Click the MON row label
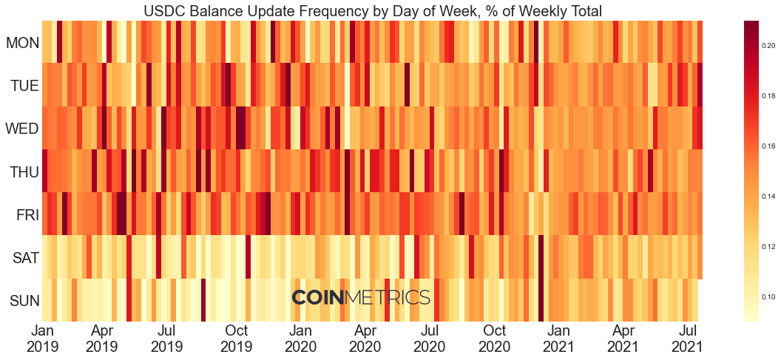coord(22,43)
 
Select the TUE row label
coord(24,86)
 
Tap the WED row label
coord(22,129)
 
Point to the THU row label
coord(24,172)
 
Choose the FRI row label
coord(27,215)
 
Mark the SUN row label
coord(24,301)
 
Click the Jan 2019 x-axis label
coord(42,338)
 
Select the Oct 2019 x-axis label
coord(237,338)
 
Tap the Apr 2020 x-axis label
coord(365,338)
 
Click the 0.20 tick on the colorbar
coord(769,46)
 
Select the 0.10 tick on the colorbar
coord(769,296)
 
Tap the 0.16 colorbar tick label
coord(769,146)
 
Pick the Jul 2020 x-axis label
coord(430,338)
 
